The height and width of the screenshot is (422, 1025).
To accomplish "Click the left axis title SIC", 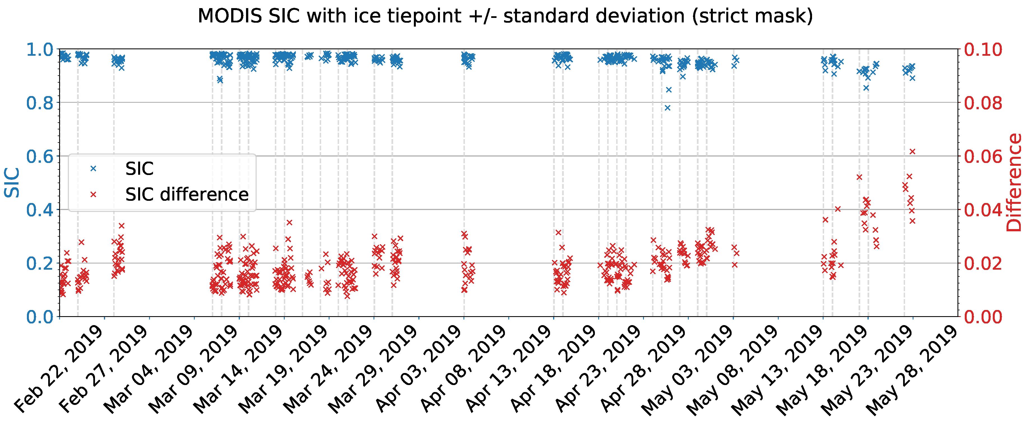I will (12, 183).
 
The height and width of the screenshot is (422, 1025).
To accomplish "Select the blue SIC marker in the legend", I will (93, 169).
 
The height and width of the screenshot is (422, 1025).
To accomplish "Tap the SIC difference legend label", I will (187, 195).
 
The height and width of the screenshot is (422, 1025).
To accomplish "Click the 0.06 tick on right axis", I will (983, 156).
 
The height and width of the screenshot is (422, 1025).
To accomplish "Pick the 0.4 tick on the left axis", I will (40, 210).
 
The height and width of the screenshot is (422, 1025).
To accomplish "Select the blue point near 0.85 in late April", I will (669, 90).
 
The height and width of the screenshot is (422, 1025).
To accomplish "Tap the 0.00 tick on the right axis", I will (983, 317).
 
